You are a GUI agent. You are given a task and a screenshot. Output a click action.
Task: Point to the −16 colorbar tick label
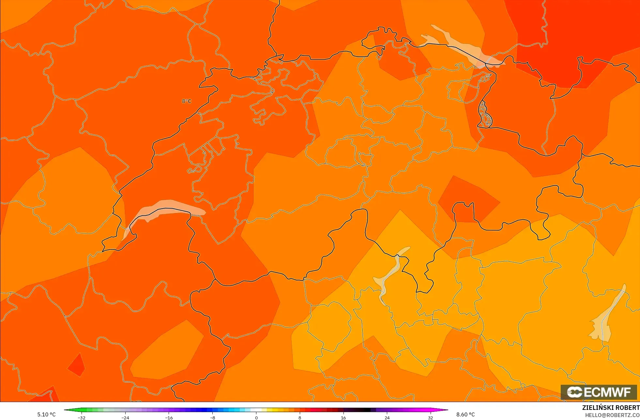point(169,417)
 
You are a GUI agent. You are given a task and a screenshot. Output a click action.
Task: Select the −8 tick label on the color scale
point(212,417)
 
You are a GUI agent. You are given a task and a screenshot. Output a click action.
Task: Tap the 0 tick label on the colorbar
point(256,417)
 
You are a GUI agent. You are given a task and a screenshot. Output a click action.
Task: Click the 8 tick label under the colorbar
point(300,417)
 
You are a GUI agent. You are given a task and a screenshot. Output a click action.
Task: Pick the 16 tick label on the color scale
point(343,417)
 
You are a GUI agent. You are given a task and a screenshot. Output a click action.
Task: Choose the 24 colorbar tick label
point(387,417)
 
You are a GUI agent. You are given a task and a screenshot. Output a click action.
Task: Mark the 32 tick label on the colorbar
point(430,417)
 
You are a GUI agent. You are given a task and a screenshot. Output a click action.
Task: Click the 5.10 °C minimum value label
point(46,414)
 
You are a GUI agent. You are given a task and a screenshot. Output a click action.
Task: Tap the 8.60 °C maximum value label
point(465,414)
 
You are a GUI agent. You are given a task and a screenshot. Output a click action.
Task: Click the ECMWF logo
point(599,392)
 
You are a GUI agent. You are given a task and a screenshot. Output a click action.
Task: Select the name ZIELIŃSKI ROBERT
point(611,408)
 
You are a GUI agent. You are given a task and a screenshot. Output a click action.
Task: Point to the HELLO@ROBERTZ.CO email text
point(612,415)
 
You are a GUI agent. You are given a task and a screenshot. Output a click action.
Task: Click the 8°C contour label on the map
point(187,101)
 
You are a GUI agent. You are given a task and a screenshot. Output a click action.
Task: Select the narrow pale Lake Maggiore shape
point(390,274)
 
